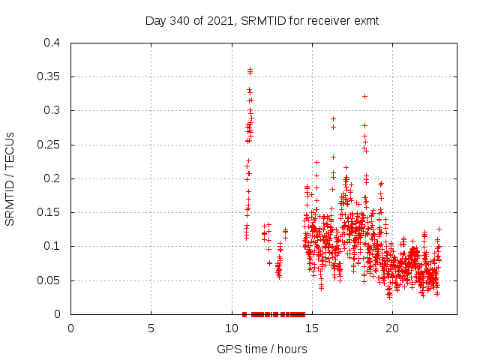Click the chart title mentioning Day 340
pos(262,20)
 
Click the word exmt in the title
pos(366,20)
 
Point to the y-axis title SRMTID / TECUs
pos(10,178)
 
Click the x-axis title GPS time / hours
pos(262,349)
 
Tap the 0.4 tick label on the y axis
pos(52,43)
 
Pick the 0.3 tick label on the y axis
pos(52,110)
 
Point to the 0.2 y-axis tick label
pos(52,178)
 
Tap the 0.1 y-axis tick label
pos(52,246)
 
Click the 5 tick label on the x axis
pos(151,328)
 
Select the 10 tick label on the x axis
pos(231,328)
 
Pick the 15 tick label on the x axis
pos(311,328)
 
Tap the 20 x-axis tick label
pos(391,328)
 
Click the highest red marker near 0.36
pos(250,70)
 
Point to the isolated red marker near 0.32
pos(364,96)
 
